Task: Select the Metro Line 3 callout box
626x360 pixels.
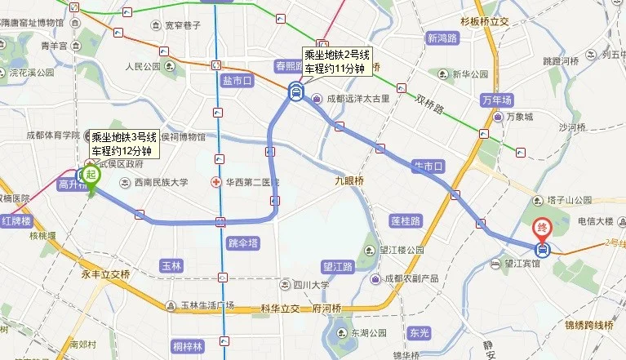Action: click(123, 144)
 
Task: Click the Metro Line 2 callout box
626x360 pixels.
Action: click(338, 62)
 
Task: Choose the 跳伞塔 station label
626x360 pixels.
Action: click(242, 242)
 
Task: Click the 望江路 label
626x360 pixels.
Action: click(336, 266)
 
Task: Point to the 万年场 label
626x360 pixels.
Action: click(497, 100)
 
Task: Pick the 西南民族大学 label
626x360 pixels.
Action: click(161, 182)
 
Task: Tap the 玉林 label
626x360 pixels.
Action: click(171, 265)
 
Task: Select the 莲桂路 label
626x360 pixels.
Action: click(405, 220)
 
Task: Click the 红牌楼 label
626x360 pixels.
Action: click(16, 221)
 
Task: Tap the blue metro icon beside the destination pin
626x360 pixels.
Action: click(542, 249)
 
